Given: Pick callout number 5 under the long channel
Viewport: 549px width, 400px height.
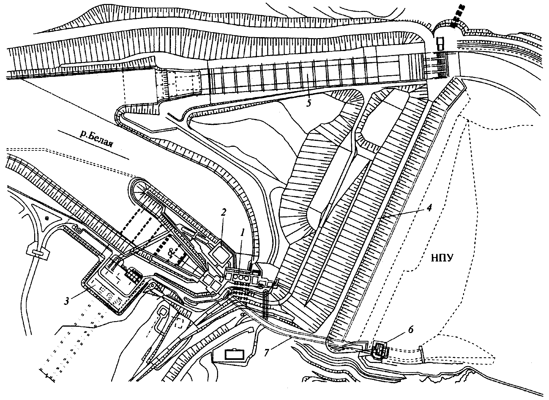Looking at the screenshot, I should pyautogui.click(x=309, y=103).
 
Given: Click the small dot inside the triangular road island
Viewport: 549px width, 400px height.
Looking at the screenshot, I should pyautogui.click(x=47, y=219).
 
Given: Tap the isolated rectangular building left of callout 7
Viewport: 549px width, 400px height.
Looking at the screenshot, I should pyautogui.click(x=235, y=354).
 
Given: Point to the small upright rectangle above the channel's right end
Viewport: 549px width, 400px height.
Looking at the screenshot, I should pyautogui.click(x=440, y=43).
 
